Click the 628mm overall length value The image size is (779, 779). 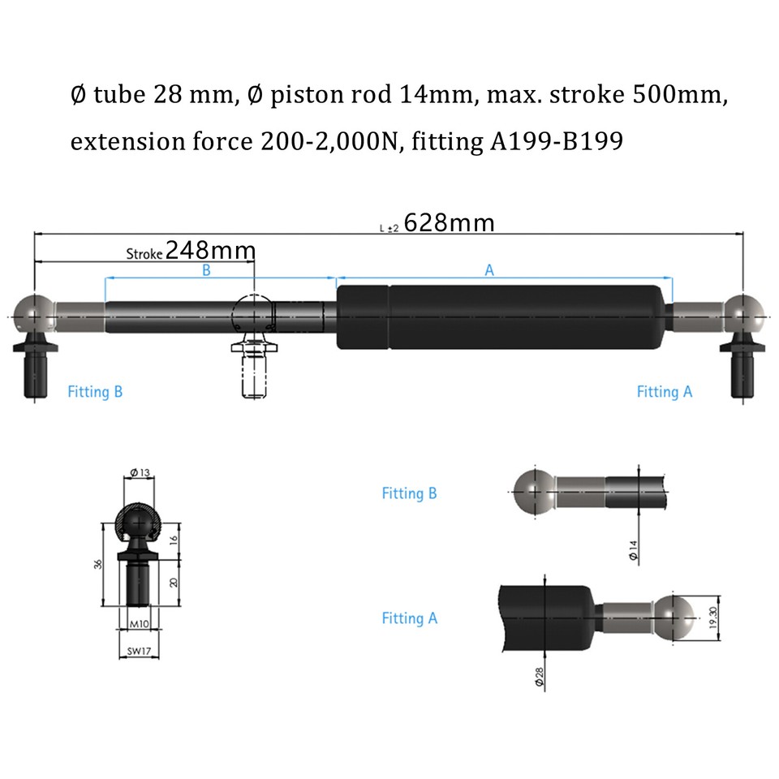coord(449,222)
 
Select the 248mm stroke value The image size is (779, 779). coord(210,250)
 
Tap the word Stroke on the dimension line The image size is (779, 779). coord(145,253)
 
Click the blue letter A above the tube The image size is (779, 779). coord(489,271)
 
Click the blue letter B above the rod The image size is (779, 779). coord(206,271)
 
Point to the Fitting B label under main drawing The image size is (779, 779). coord(95,392)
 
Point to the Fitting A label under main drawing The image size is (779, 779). coord(665,392)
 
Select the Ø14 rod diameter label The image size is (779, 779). coord(633,551)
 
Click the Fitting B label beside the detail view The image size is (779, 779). coord(409,493)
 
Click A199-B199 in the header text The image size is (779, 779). coord(557,142)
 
